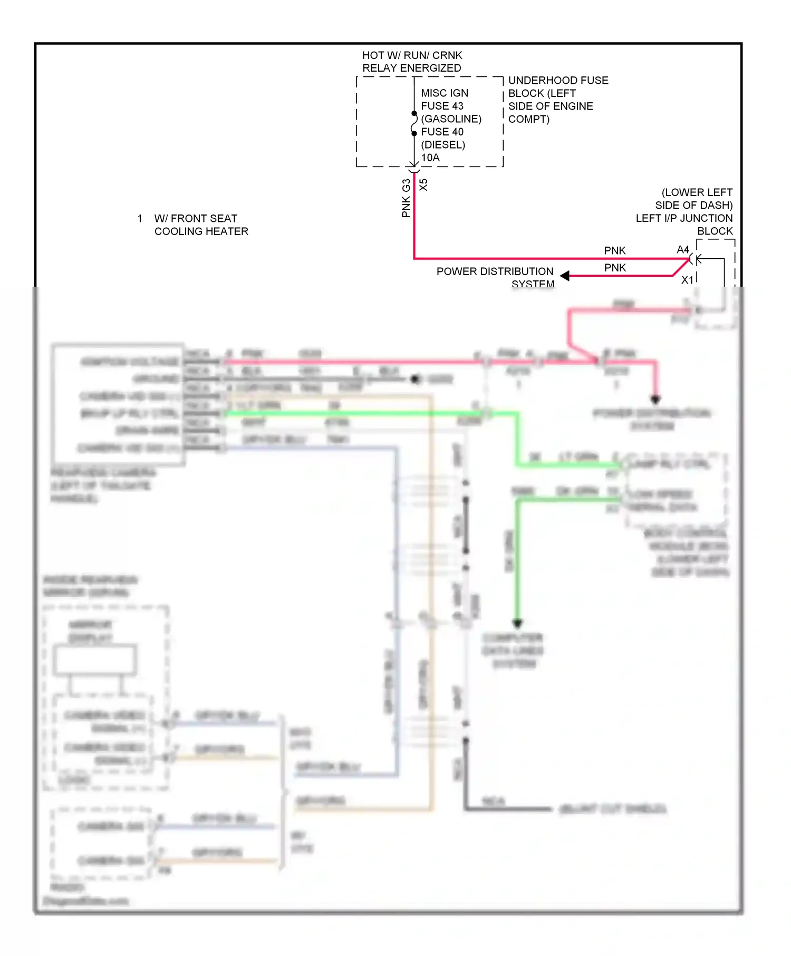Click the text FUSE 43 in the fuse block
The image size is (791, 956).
coord(442,106)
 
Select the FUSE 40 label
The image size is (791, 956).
coord(442,132)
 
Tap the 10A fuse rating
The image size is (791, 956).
coord(430,158)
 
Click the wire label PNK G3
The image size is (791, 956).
coord(406,198)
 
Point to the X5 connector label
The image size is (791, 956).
coord(423,185)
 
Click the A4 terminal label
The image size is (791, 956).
coord(683,249)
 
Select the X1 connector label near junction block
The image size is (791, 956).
coord(687,280)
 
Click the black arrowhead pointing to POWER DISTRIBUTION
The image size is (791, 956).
coord(565,276)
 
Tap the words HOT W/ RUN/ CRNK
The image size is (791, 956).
coord(412,55)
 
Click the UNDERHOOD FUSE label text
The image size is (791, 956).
coord(558,81)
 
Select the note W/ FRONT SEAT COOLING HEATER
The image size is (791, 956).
coord(201,225)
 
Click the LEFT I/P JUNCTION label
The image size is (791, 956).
coord(684,218)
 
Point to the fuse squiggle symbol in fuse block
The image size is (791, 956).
coord(414,123)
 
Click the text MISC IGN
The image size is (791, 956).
coord(444,93)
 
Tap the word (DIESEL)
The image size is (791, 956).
coord(443,145)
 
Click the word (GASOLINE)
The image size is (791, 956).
coord(451,119)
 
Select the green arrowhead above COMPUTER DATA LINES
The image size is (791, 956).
coord(517,623)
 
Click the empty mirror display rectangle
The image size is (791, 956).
coord(95,659)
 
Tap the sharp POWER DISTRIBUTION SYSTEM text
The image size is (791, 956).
coord(495,272)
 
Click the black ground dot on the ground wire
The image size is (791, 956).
coord(416,379)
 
